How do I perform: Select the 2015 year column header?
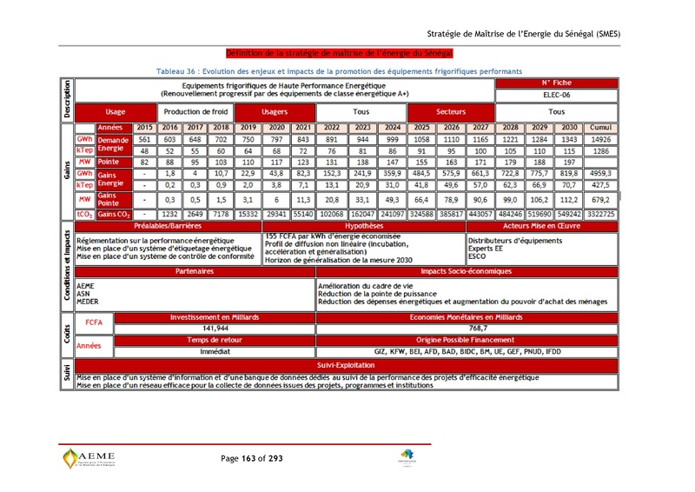click(145, 128)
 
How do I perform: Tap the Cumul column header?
click(601, 128)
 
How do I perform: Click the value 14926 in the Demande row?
click(601, 139)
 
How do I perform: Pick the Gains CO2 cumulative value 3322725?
click(601, 213)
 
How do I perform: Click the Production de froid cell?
click(195, 112)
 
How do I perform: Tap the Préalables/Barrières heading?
click(169, 225)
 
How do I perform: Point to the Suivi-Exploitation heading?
click(346, 366)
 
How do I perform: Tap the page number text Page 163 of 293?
click(252, 458)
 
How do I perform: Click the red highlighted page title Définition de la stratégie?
click(334, 53)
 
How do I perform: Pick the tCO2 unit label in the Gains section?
click(84, 213)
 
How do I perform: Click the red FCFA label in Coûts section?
click(94, 323)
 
